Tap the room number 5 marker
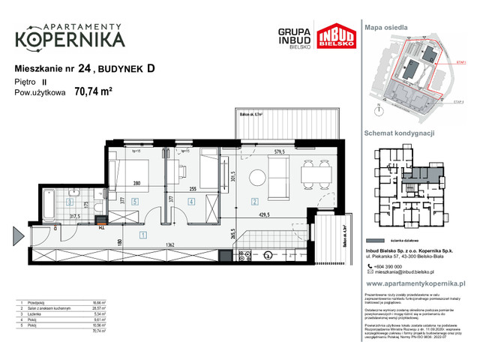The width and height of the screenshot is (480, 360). pyautogui.click(x=133, y=201)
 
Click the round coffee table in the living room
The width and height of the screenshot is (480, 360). pyautogui.click(x=256, y=177)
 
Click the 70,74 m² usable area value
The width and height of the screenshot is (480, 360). pyautogui.click(x=93, y=93)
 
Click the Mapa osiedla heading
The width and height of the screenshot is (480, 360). pyautogui.click(x=386, y=27)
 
